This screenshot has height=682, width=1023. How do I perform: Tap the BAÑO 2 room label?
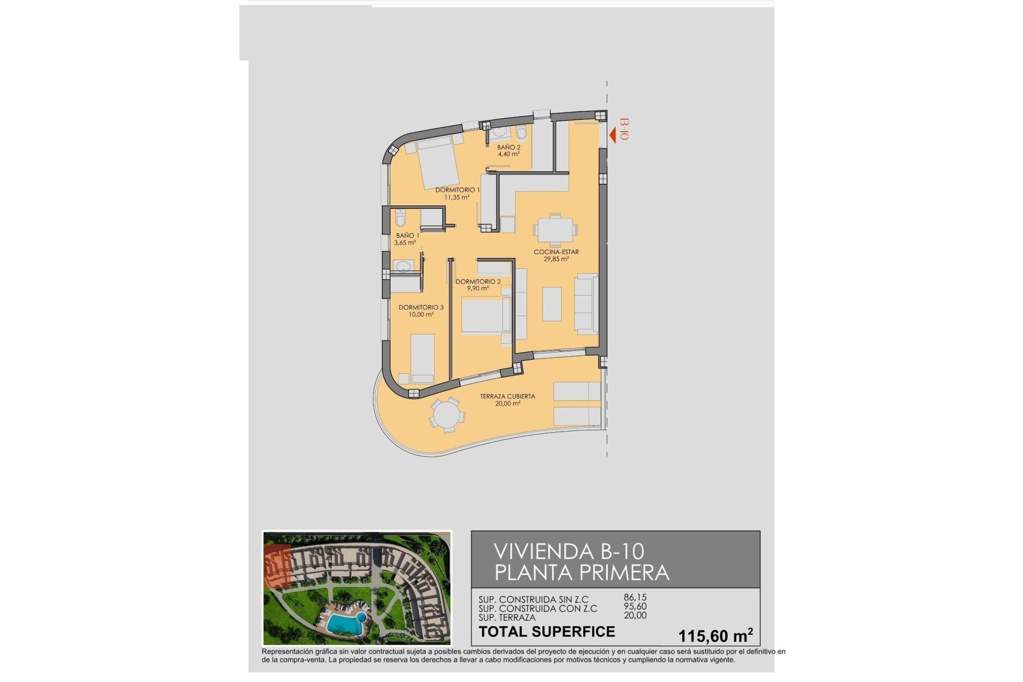508,147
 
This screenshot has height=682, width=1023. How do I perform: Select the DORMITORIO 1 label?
457,190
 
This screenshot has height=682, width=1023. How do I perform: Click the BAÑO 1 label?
407,236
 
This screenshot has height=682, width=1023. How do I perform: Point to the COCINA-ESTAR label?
556,252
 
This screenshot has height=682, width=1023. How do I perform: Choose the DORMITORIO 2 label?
477,281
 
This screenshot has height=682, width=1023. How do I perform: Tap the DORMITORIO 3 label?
420,307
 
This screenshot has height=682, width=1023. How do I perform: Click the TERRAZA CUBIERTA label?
507,396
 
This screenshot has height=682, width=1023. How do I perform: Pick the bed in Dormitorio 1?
438,162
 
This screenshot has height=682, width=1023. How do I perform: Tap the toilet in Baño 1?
401,218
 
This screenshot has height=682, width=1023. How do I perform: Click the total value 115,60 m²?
715,636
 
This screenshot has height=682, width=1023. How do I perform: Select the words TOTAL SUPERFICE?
547,632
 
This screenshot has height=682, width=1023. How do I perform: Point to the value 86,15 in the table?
635,598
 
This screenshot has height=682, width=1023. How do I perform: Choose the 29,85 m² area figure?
556,259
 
